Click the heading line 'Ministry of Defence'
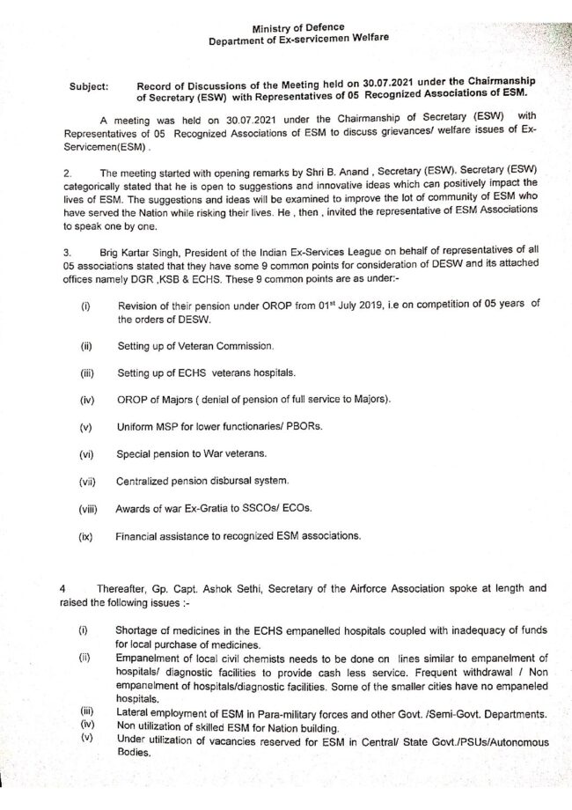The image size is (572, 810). [x=297, y=28]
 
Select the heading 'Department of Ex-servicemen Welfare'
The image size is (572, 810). [x=297, y=40]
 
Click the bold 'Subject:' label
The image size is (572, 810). [x=88, y=88]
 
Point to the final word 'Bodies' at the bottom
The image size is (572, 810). [x=133, y=754]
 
